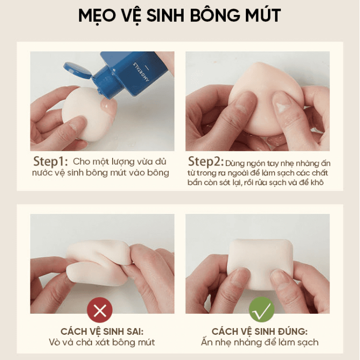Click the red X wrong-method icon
click(x=100, y=310)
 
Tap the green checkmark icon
click(x=261, y=310)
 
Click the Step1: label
click(x=50, y=161)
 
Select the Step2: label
click(x=206, y=161)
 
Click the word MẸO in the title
click(x=97, y=16)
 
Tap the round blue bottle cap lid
click(x=77, y=69)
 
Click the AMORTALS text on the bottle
click(x=141, y=71)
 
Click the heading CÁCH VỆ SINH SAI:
click(x=102, y=332)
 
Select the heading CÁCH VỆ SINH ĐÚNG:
click(x=259, y=332)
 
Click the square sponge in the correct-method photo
click(x=261, y=264)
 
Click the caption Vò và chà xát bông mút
click(x=102, y=343)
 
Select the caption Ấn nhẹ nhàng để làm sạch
click(x=260, y=343)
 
